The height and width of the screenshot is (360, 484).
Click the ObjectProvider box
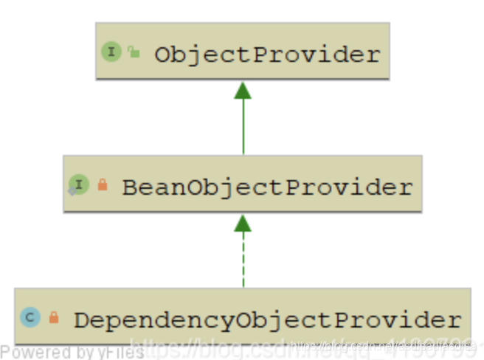pyautogui.click(x=242, y=51)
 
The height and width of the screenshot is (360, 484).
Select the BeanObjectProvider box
pyautogui.click(x=242, y=184)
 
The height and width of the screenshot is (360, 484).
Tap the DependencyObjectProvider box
pyautogui.click(x=242, y=318)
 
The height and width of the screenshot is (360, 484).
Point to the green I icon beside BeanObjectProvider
pyautogui.click(x=79, y=185)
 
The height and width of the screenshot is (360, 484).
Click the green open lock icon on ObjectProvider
pyautogui.click(x=133, y=52)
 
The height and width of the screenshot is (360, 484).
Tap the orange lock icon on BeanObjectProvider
pyautogui.click(x=102, y=185)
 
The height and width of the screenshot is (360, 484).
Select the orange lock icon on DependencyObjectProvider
pyautogui.click(x=53, y=318)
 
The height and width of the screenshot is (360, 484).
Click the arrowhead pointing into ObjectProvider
pyautogui.click(x=243, y=90)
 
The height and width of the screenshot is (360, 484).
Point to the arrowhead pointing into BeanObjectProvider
pyautogui.click(x=243, y=223)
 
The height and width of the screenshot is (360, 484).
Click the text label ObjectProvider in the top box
pyautogui.click(x=267, y=54)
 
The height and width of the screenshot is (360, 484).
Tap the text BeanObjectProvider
pyautogui.click(x=266, y=187)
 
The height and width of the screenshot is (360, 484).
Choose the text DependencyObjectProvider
pyautogui.click(x=266, y=320)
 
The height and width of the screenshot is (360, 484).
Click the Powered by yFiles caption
pyautogui.click(x=72, y=353)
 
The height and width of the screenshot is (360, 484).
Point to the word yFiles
pyautogui.click(x=121, y=353)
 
